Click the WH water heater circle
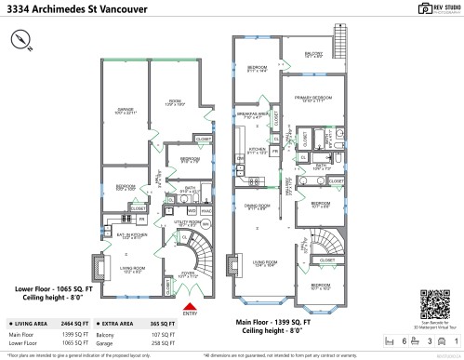click(206, 225)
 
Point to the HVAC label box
click(206, 211)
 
